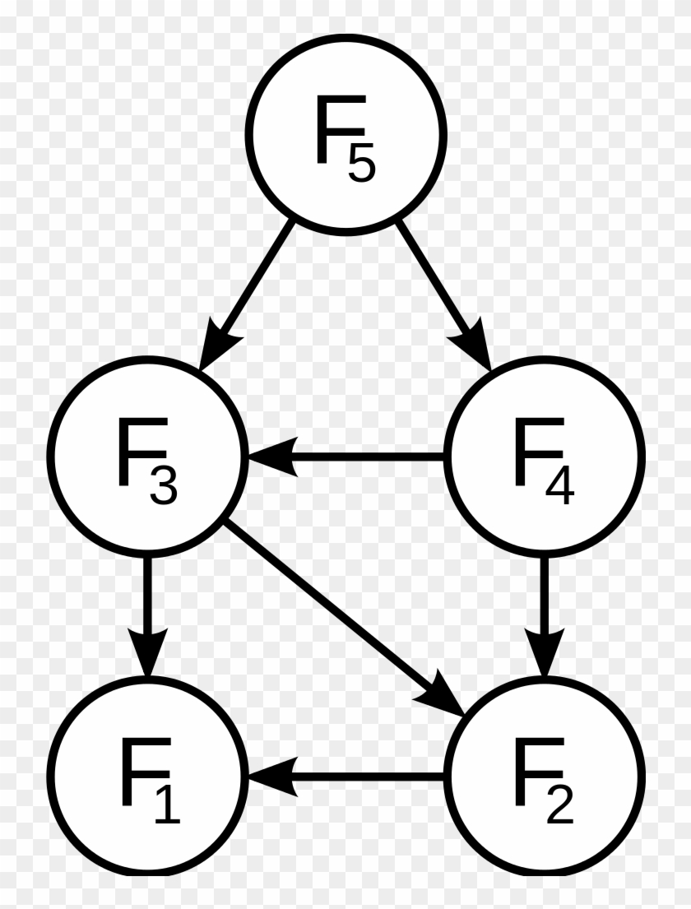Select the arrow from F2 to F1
345,775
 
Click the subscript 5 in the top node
361,165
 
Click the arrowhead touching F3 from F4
271,455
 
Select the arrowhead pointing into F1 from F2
271,775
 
